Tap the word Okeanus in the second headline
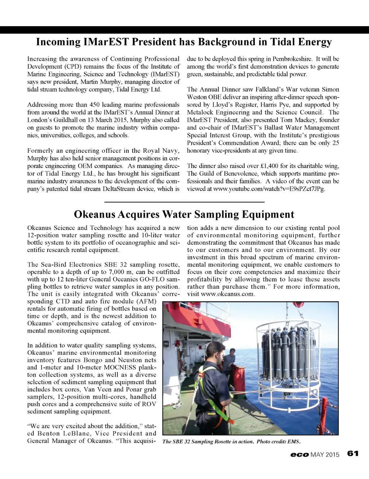(x=94, y=214)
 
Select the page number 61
(x=353, y=453)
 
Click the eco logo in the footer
(x=299, y=454)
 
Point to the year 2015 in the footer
(x=332, y=454)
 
